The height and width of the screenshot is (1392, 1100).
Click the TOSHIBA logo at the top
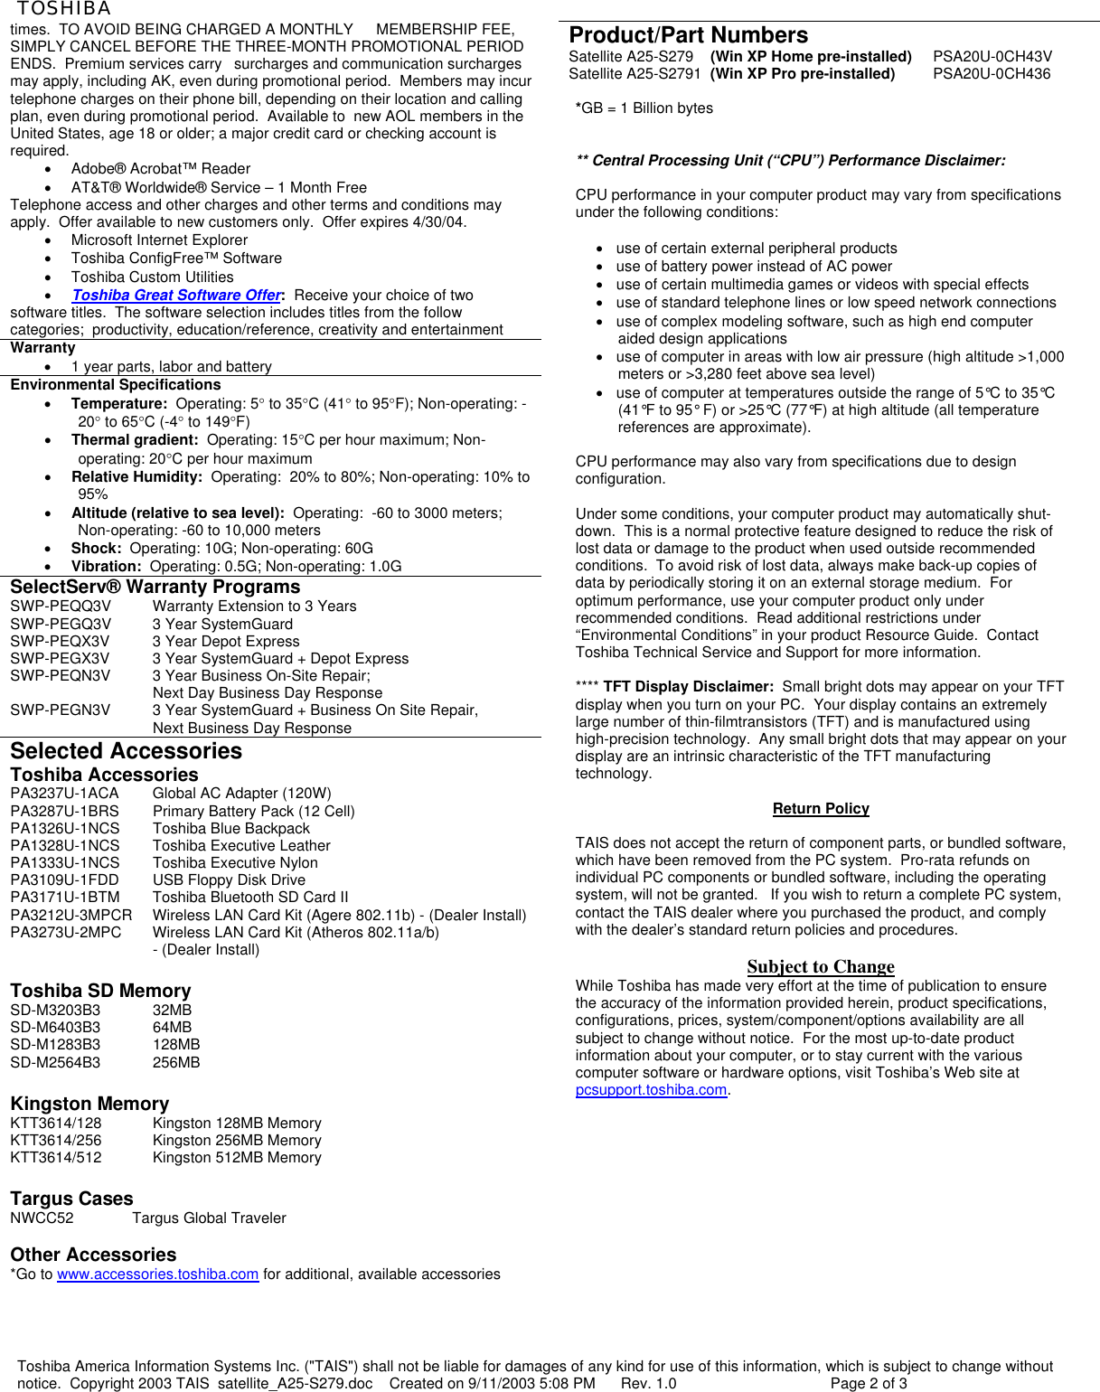point(63,9)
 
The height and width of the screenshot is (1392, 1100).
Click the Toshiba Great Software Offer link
point(176,296)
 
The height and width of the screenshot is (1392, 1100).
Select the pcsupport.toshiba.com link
point(651,1090)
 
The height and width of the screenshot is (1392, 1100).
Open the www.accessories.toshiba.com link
point(157,1274)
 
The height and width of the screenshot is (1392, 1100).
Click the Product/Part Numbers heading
point(688,35)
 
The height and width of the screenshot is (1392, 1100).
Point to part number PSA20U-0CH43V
point(992,56)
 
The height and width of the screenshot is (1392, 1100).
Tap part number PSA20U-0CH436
point(992,74)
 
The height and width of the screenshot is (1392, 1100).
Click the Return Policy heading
point(821,809)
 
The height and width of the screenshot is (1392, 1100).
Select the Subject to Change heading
point(821,967)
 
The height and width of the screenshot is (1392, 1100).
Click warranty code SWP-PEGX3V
point(60,659)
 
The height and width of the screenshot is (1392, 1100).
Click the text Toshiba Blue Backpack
point(230,829)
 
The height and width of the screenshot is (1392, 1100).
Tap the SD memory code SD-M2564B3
point(55,1063)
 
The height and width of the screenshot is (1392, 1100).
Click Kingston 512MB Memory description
point(237,1158)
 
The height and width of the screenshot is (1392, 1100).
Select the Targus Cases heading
point(71,1199)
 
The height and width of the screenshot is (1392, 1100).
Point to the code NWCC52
point(42,1218)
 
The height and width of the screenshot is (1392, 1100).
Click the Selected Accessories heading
point(126,751)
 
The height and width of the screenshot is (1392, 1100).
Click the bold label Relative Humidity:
point(136,477)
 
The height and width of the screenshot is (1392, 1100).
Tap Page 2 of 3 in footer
point(869,1384)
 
